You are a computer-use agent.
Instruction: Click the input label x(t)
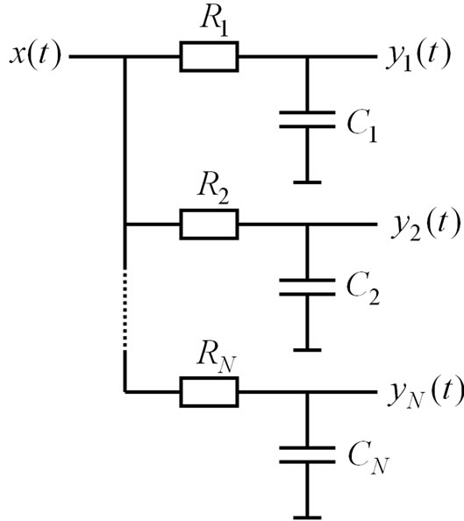click(x=32, y=58)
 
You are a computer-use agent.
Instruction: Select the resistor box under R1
click(x=209, y=58)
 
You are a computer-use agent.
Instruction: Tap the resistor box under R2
click(x=209, y=225)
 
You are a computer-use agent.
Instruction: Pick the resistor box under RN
click(x=209, y=392)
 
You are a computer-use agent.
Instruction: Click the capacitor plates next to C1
click(x=307, y=120)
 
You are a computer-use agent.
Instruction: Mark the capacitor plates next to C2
click(x=307, y=287)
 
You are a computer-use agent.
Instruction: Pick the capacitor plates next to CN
click(x=307, y=454)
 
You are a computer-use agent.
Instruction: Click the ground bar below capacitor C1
click(x=307, y=182)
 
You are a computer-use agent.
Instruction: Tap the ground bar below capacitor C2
click(x=307, y=349)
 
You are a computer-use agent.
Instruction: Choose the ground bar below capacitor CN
click(x=307, y=516)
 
